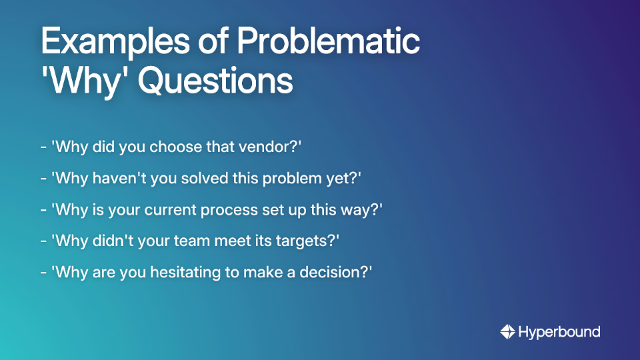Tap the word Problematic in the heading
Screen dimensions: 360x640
pyautogui.click(x=330, y=43)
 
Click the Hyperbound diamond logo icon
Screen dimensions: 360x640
pyautogui.click(x=508, y=331)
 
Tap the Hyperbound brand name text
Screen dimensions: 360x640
pyautogui.click(x=560, y=331)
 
